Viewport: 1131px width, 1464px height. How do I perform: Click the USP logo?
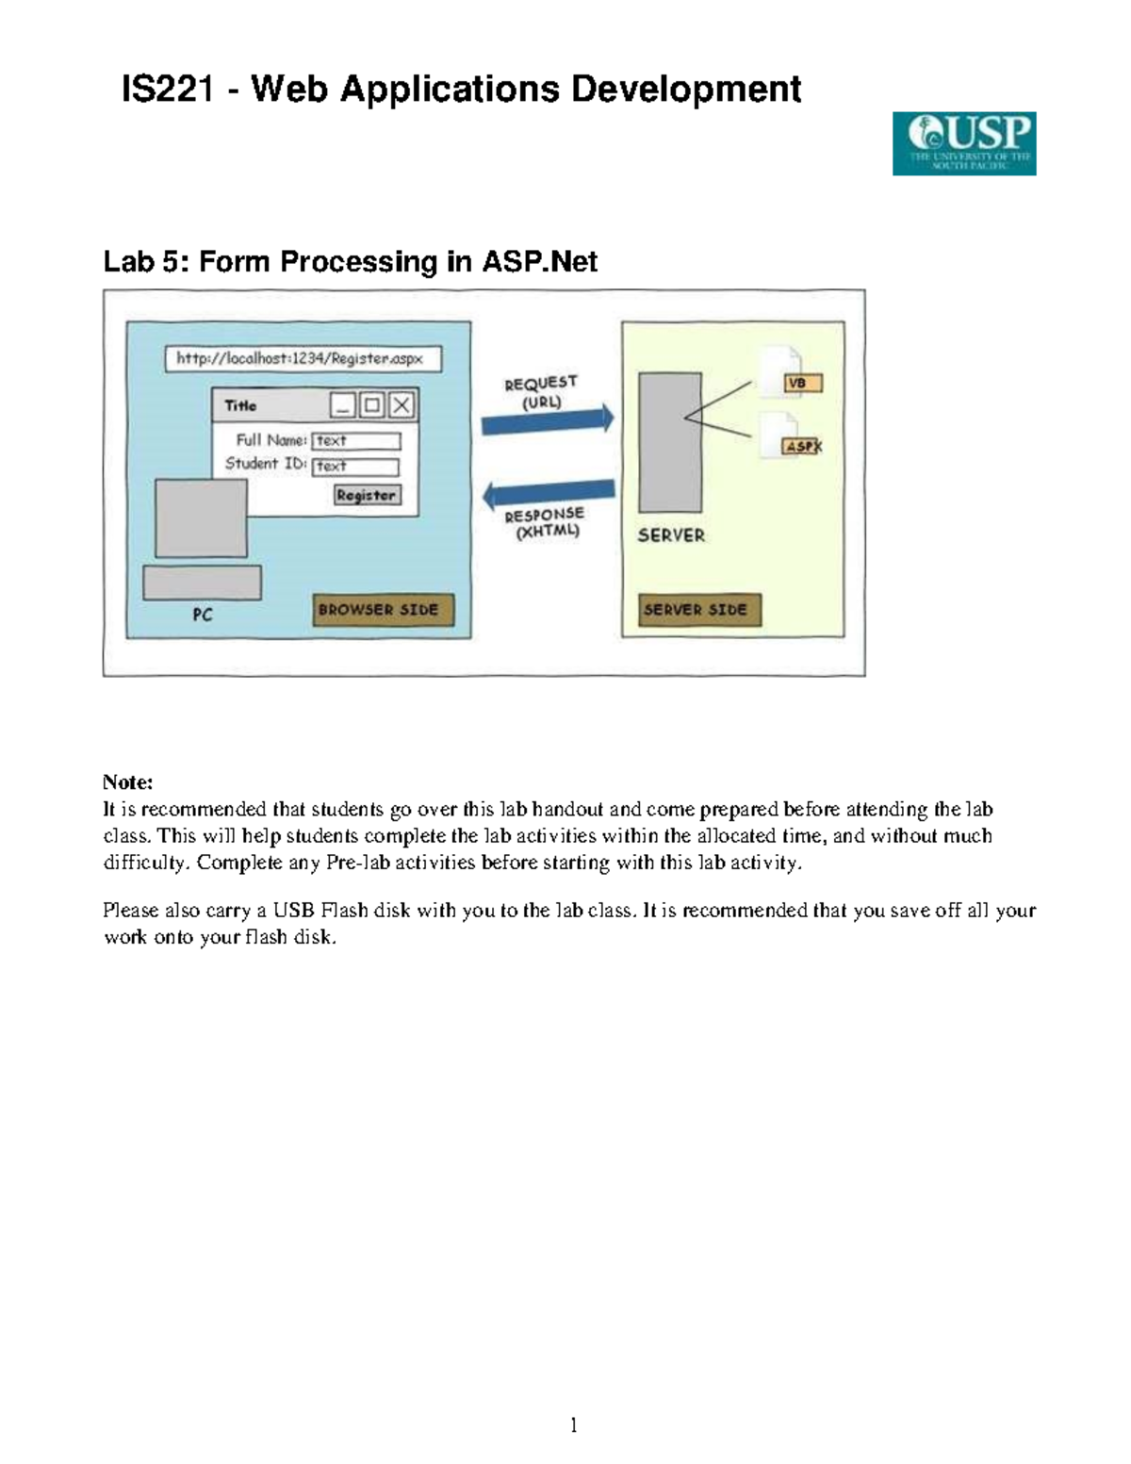tap(963, 143)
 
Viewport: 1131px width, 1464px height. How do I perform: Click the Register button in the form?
tap(368, 495)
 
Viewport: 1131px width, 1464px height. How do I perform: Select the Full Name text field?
tap(356, 440)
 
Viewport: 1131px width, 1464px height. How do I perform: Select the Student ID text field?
tap(355, 466)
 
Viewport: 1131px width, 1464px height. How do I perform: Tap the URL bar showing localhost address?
tap(303, 359)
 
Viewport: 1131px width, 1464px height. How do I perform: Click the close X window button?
tap(402, 405)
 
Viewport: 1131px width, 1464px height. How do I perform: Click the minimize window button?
tap(342, 405)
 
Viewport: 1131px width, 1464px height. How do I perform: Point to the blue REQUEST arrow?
tap(548, 419)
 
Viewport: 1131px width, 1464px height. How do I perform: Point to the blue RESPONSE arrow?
tap(548, 493)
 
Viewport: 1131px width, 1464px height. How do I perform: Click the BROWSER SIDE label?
tap(383, 610)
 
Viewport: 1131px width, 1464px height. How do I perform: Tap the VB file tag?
tap(802, 384)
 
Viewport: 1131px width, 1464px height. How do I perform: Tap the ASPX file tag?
tap(803, 446)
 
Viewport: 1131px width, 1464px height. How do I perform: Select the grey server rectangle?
tap(669, 441)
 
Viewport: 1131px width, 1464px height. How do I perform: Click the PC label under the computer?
tap(203, 615)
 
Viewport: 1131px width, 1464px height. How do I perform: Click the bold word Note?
tap(127, 782)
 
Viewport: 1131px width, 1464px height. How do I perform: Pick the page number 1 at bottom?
tap(573, 1424)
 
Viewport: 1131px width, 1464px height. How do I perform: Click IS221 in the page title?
tap(167, 90)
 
